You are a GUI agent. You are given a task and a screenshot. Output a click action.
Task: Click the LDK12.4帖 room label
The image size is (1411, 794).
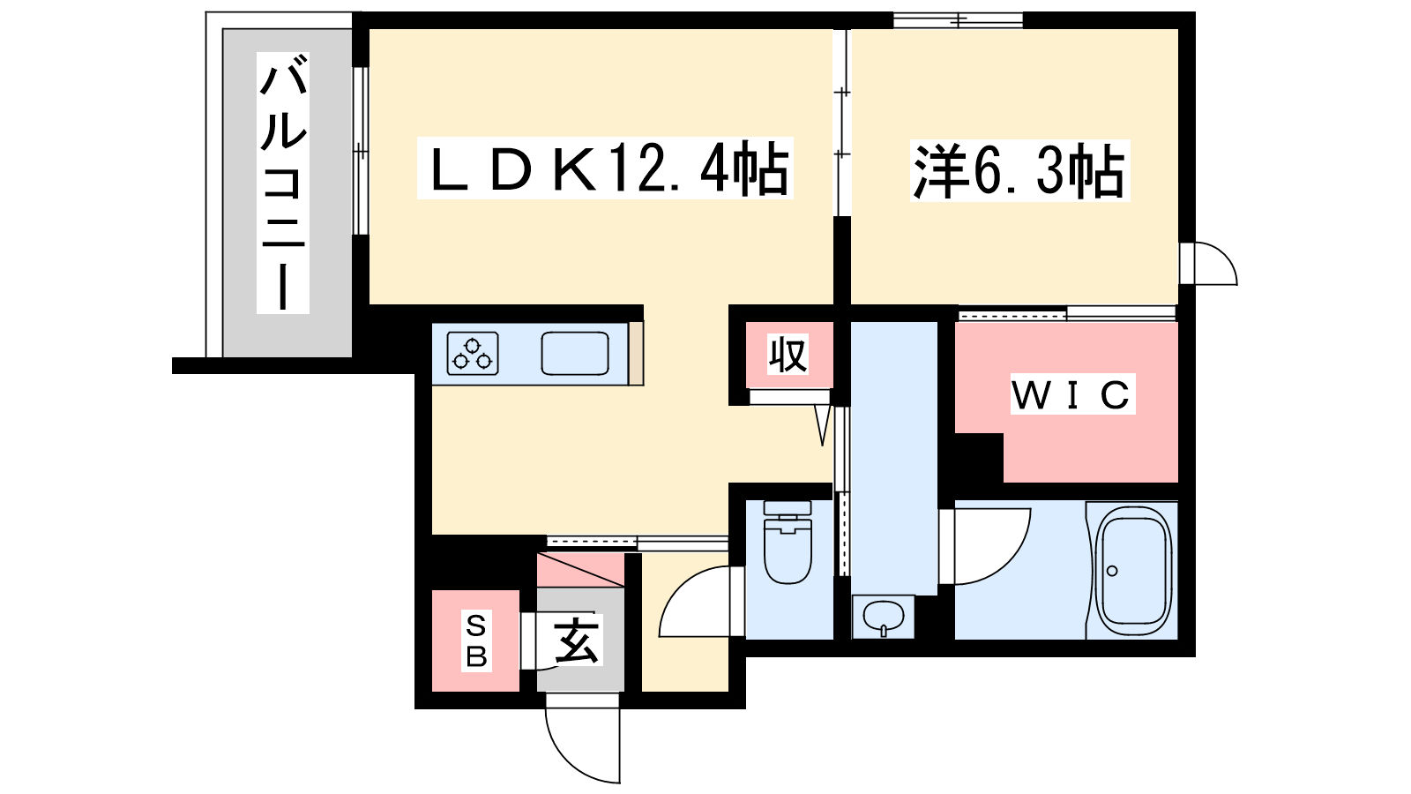pyautogui.click(x=605, y=169)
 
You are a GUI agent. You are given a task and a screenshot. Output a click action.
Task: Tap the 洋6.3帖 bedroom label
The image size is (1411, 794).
pyautogui.click(x=1019, y=171)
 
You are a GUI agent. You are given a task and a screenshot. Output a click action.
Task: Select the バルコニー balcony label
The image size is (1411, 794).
pyautogui.click(x=283, y=183)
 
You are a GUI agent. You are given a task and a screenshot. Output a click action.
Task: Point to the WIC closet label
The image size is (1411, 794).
pyautogui.click(x=1072, y=394)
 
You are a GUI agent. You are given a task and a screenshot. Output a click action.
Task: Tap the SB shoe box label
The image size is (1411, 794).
pyautogui.click(x=476, y=640)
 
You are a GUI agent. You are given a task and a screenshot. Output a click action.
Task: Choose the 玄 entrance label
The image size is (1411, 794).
pyautogui.click(x=577, y=640)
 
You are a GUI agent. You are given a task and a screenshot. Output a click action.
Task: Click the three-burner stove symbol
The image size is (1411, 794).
pyautogui.click(x=473, y=354)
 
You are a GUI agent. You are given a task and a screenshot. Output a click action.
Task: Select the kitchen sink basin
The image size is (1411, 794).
pyautogui.click(x=574, y=354)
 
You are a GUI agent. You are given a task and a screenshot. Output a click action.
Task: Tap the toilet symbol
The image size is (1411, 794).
pyautogui.click(x=788, y=542)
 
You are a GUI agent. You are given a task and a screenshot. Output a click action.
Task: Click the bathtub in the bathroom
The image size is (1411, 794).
pyautogui.click(x=1132, y=571)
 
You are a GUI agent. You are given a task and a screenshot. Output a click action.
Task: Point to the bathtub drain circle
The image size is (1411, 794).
pyautogui.click(x=1112, y=571)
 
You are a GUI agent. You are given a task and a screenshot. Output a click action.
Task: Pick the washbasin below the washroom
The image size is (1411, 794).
pyautogui.click(x=883, y=617)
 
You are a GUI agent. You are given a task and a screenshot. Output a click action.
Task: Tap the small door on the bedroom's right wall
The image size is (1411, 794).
pyautogui.click(x=1209, y=263)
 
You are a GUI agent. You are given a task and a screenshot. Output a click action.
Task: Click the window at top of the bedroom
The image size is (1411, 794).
pyautogui.click(x=958, y=21)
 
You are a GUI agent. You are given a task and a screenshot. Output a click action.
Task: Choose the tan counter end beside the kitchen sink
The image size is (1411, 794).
pyautogui.click(x=636, y=354)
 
